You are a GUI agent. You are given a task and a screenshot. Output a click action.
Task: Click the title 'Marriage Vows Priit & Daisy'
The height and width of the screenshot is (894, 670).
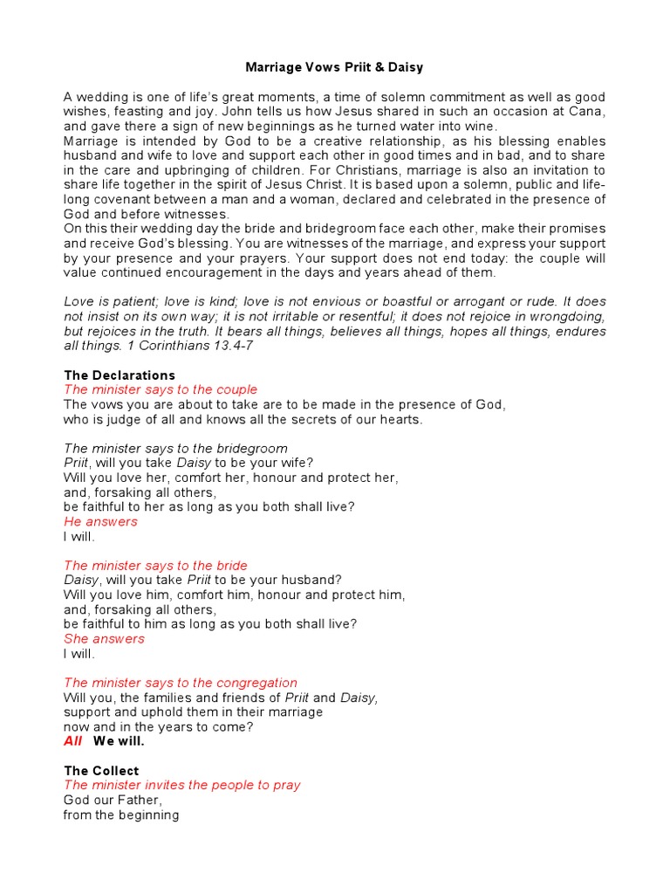[x=334, y=67]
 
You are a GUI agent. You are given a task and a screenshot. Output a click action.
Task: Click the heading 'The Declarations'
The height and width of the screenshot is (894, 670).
[x=120, y=375]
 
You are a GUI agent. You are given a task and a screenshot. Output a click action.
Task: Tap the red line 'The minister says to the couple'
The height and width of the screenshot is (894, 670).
[x=161, y=389]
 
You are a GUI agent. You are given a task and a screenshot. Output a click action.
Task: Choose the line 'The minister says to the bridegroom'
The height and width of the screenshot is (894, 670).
[x=173, y=448]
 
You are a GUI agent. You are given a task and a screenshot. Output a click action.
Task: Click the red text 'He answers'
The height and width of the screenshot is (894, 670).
[x=100, y=521]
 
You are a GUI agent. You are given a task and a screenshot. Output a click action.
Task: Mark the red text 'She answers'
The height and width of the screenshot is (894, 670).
[x=104, y=638]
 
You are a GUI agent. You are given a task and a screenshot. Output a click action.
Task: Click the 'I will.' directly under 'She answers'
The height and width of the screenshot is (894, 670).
[x=79, y=653]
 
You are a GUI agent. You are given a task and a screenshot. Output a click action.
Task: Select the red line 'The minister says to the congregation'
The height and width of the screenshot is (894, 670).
[x=181, y=683]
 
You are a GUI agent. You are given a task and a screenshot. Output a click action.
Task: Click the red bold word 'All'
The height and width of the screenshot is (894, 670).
[x=73, y=741]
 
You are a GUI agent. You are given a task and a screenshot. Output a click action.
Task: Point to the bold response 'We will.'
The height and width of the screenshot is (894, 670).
[x=119, y=741]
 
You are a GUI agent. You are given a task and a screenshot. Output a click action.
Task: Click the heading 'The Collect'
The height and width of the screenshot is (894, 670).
[x=101, y=771]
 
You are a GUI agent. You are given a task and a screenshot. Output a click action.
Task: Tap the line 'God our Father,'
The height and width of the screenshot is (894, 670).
[x=113, y=800]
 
